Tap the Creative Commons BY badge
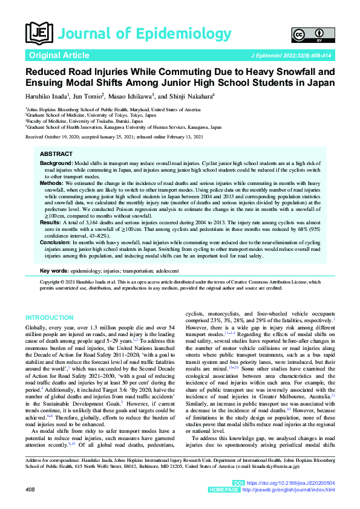(x=305, y=34)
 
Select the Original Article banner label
(x=58, y=55)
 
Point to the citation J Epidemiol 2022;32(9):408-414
(x=290, y=56)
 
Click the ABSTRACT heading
(x=56, y=155)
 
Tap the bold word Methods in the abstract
(x=51, y=183)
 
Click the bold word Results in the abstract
(x=50, y=222)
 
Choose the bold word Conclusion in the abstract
(x=55, y=242)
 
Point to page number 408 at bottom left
(x=31, y=488)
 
